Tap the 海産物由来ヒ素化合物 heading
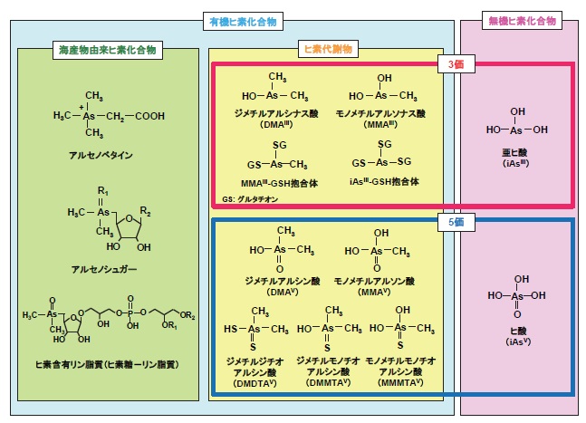(x=106, y=52)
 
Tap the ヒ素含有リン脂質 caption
(x=107, y=362)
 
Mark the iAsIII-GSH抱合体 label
(x=384, y=181)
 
